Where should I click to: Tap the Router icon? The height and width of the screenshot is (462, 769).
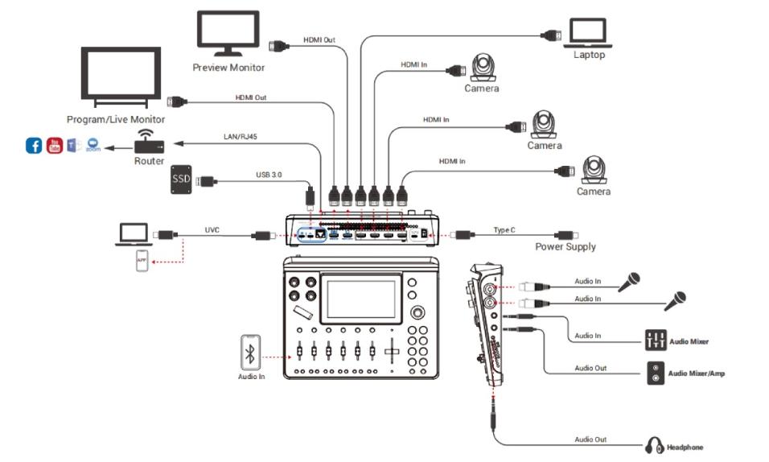tap(149, 144)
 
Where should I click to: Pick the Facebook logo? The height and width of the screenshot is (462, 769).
tap(34, 146)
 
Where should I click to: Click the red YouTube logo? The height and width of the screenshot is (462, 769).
tap(54, 146)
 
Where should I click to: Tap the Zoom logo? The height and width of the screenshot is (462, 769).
tap(93, 146)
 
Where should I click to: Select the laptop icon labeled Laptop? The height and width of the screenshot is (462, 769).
tap(592, 33)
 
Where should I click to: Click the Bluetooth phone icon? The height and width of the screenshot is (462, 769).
tap(251, 352)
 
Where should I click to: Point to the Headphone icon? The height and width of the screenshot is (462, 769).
tap(653, 445)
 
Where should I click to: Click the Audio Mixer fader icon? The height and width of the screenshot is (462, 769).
tap(655, 340)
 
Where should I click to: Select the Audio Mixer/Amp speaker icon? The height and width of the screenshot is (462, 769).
tap(656, 373)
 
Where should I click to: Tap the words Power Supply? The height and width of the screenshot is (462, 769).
tap(565, 246)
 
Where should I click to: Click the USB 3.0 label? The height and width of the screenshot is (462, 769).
tap(269, 173)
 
